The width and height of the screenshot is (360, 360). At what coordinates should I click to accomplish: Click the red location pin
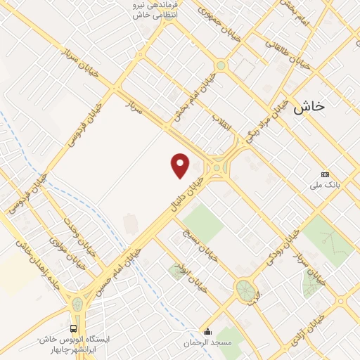point(181,165)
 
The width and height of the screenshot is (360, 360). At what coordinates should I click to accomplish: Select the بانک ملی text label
point(325,186)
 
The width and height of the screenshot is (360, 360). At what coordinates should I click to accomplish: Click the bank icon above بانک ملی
point(325,174)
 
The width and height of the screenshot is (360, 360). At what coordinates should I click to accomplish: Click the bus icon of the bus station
point(75,329)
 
